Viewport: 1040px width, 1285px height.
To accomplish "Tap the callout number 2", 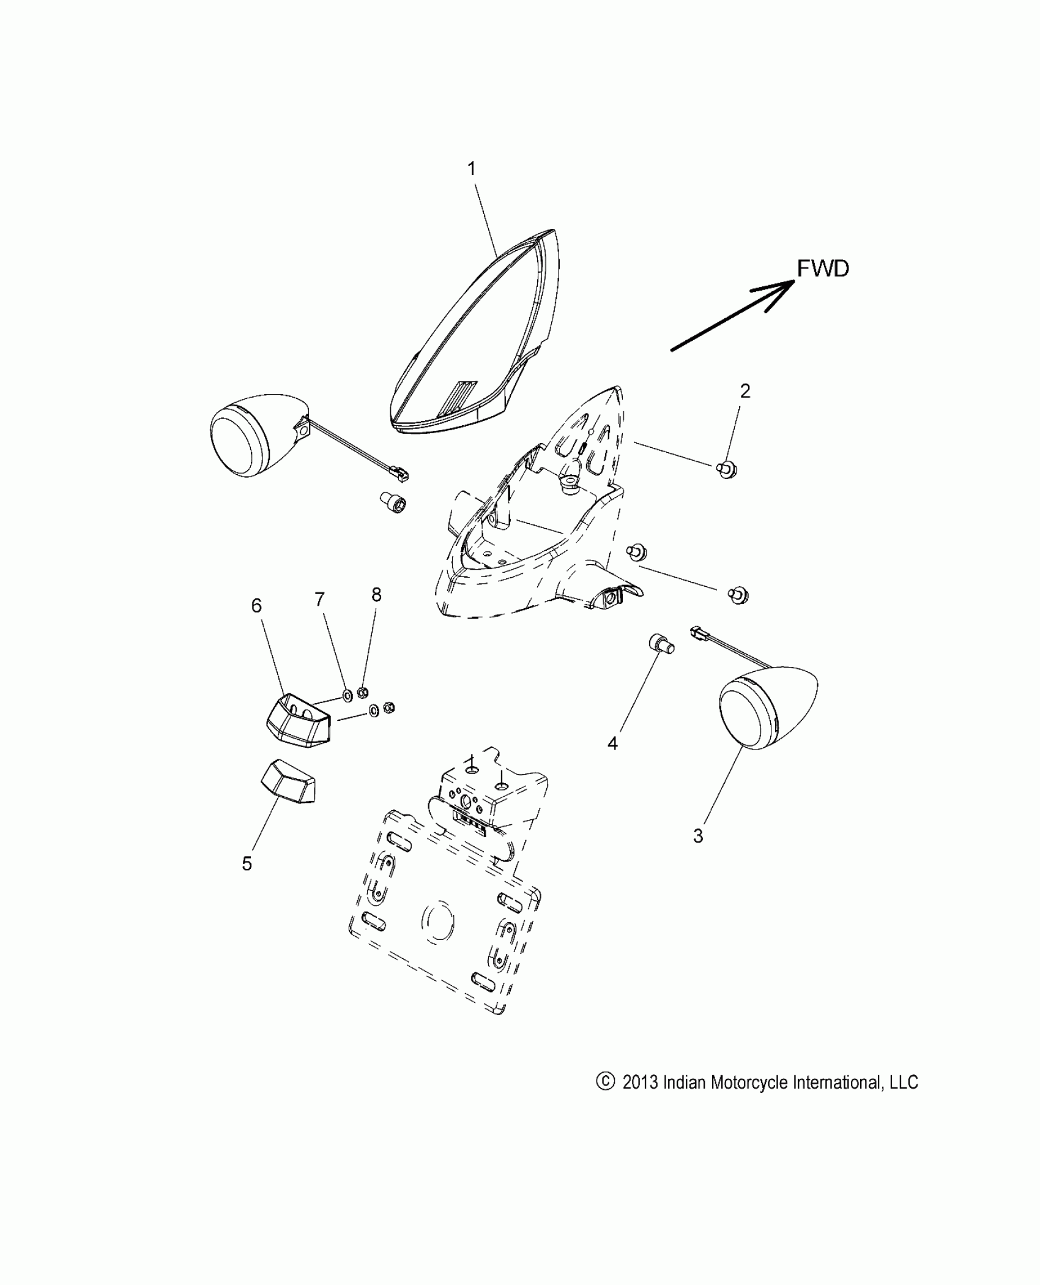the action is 745,391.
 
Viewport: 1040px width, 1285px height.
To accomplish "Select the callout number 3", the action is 699,836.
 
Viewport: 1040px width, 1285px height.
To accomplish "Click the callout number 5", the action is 247,863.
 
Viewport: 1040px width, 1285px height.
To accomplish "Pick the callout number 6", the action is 256,605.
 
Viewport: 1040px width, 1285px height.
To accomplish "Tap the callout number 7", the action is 319,600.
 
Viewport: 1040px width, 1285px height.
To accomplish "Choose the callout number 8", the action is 376,594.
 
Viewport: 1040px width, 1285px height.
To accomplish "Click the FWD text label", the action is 823,269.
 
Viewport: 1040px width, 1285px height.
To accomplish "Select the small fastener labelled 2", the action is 727,470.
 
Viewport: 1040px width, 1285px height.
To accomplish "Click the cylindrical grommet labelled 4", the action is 659,644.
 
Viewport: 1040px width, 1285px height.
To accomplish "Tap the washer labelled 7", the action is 347,695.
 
